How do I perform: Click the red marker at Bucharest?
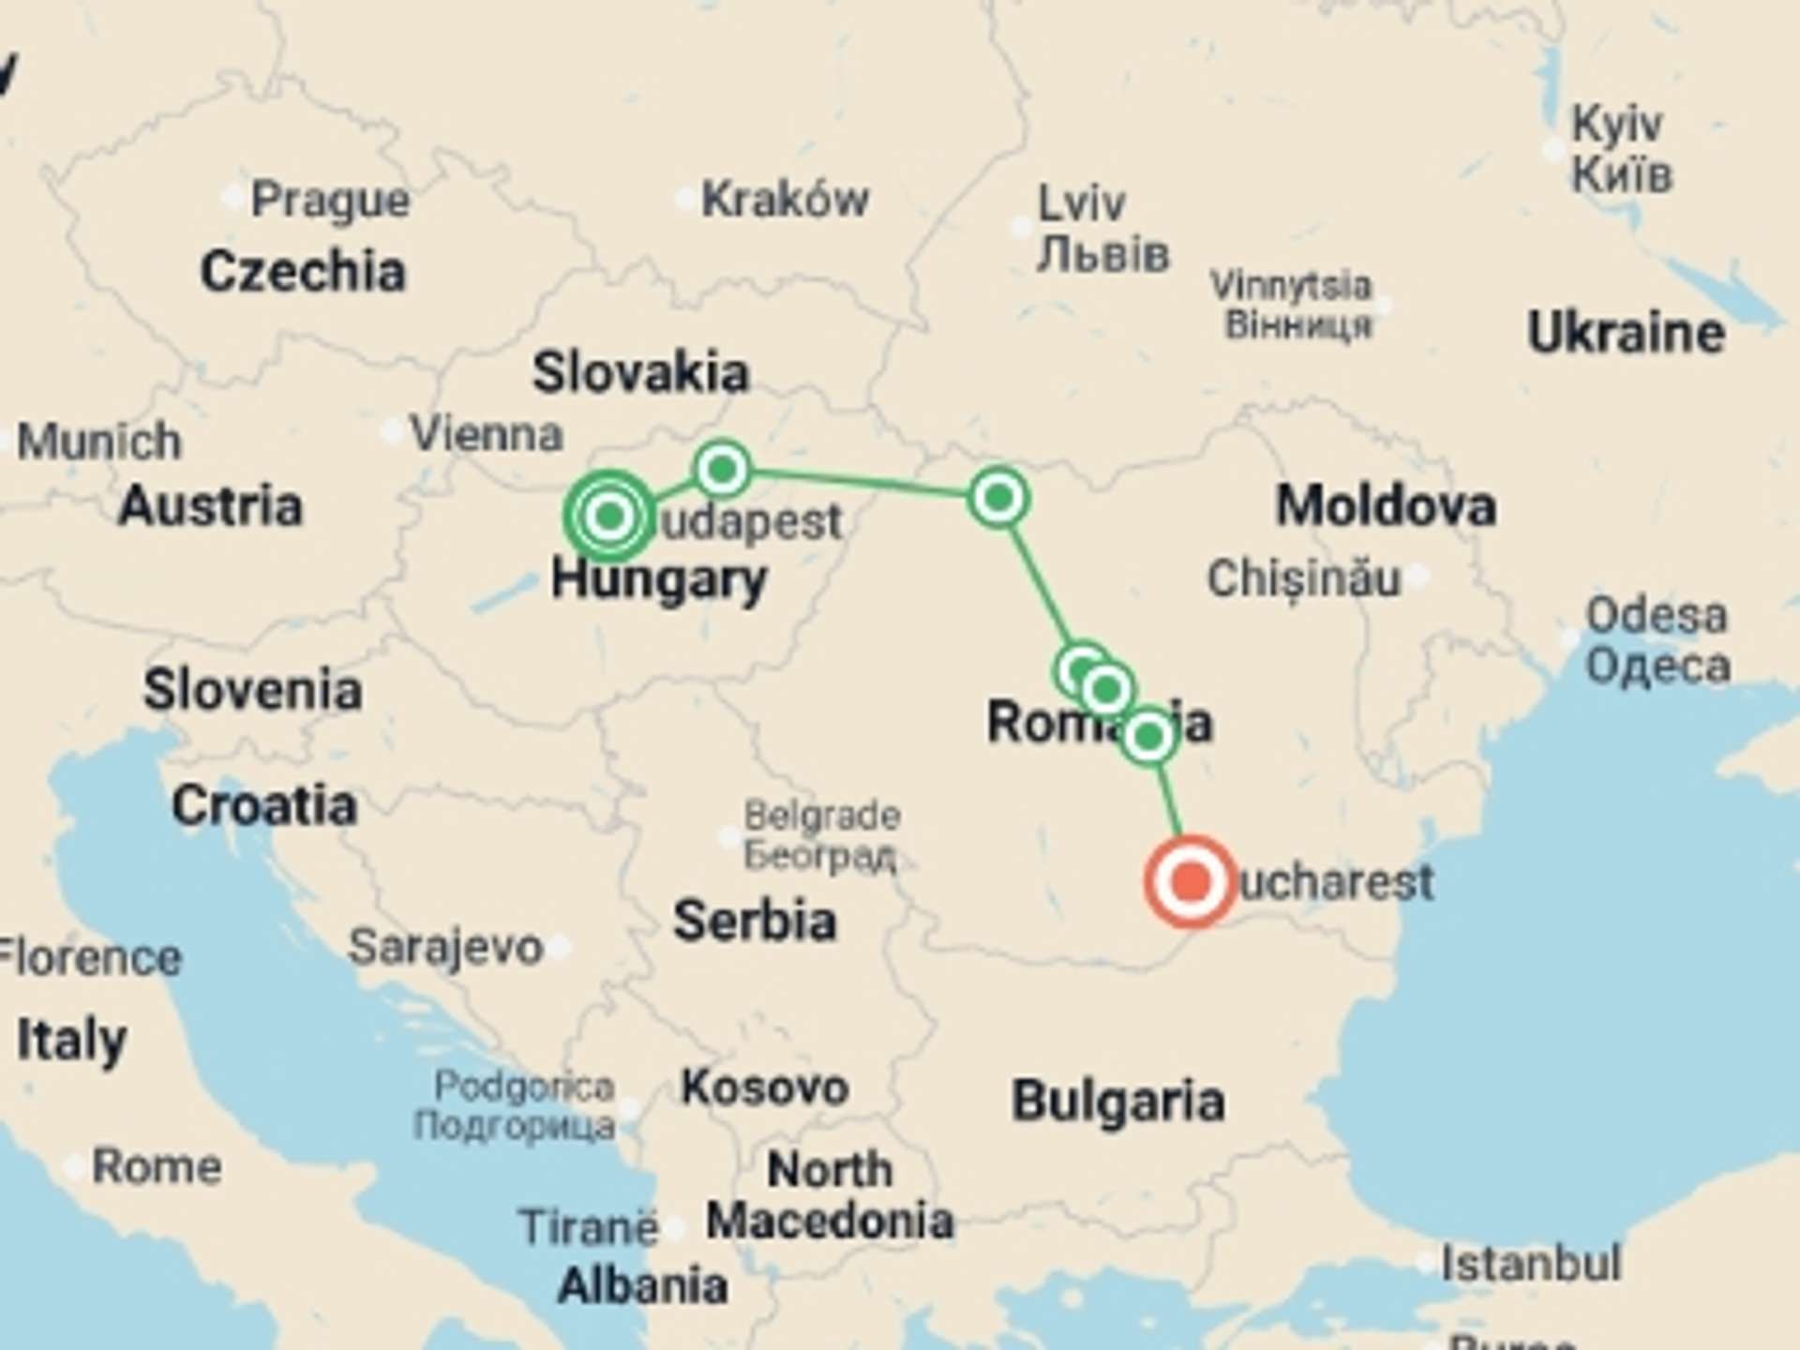click(x=1190, y=882)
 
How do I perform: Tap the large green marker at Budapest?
click(x=610, y=515)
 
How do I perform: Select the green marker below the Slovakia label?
click(x=722, y=468)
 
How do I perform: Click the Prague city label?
click(x=330, y=200)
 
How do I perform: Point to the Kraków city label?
click(x=785, y=200)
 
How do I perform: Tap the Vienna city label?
click(x=487, y=434)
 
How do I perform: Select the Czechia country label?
click(x=303, y=271)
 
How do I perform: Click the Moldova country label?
click(x=1386, y=506)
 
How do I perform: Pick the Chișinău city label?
click(x=1303, y=578)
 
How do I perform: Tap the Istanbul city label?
click(x=1530, y=1264)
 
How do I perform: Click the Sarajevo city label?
click(x=446, y=947)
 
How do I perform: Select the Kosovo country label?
click(x=764, y=1087)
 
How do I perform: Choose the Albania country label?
click(x=642, y=1285)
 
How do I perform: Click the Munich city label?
click(x=99, y=441)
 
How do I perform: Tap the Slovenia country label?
click(x=252, y=690)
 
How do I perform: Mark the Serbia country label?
click(x=755, y=920)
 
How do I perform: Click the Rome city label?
click(x=157, y=1167)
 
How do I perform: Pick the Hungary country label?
click(x=659, y=579)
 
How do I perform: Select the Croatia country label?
click(x=264, y=805)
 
